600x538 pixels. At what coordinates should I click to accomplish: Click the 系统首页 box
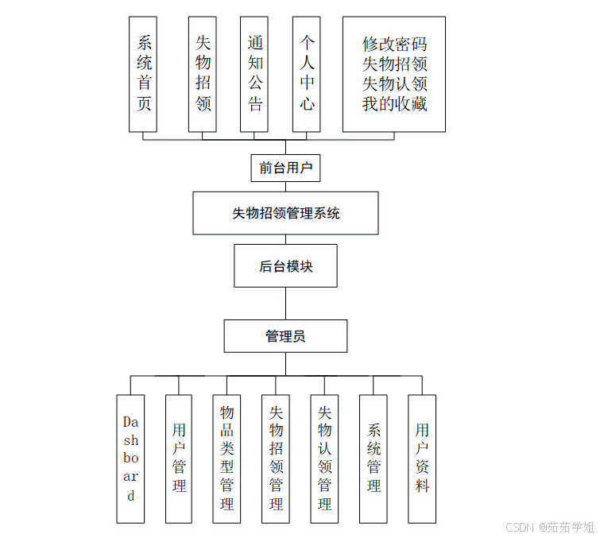(143, 74)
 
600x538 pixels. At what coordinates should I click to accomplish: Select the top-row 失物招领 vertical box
(203, 74)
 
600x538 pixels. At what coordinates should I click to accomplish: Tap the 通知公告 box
(254, 74)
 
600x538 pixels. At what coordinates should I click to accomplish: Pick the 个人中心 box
(306, 74)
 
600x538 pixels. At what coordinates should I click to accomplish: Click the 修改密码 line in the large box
(394, 44)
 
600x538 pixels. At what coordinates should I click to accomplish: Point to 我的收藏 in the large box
(394, 103)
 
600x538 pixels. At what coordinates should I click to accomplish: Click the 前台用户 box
(285, 168)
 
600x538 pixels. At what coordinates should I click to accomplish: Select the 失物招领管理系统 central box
(285, 213)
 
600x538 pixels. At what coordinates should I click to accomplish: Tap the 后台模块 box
(285, 266)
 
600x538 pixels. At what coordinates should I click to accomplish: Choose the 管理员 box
(285, 336)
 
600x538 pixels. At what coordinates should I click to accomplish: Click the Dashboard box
(131, 459)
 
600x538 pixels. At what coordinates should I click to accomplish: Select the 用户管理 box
(179, 459)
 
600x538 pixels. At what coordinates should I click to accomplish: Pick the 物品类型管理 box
(227, 459)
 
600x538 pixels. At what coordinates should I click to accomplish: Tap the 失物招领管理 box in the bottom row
(276, 459)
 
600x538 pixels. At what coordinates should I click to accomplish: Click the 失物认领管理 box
(324, 459)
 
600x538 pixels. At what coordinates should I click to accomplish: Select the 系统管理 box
(374, 459)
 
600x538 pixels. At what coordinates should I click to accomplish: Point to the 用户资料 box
(422, 459)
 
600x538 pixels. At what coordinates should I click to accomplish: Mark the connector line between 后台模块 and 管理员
(285, 304)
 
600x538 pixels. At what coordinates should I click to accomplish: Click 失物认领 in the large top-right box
(394, 83)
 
